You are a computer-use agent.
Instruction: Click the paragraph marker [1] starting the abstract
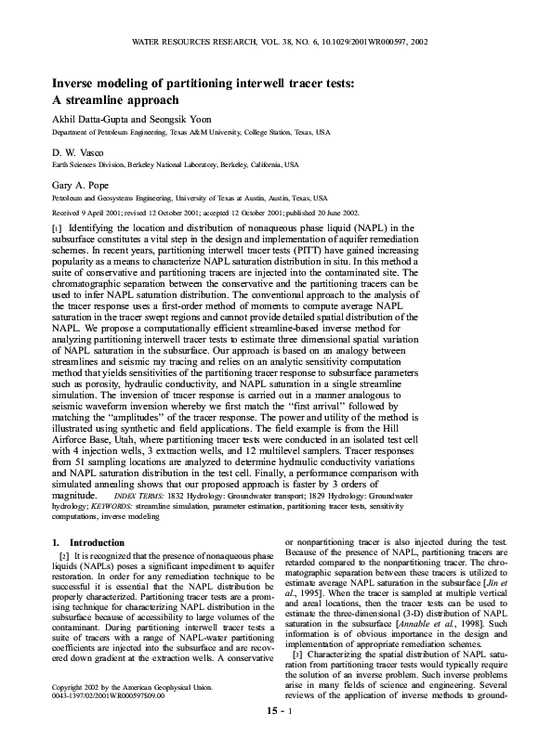pos(57,227)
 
